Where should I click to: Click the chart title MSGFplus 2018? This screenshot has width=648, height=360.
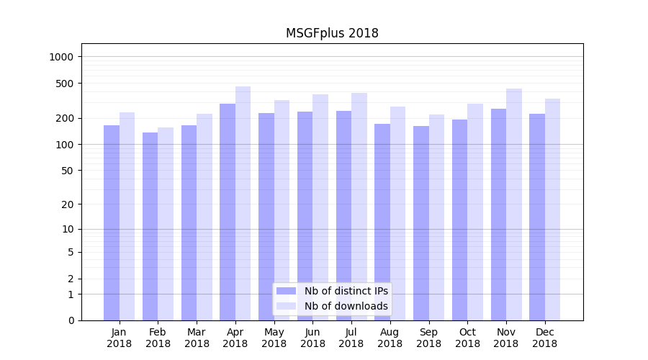(x=332, y=33)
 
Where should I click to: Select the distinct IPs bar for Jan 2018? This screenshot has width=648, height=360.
(x=112, y=222)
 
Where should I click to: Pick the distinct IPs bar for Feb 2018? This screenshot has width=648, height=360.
(x=150, y=226)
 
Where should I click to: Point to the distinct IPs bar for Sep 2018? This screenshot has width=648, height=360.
(x=421, y=223)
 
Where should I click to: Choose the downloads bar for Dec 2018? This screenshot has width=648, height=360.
(x=553, y=210)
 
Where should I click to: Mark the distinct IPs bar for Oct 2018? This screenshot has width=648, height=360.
(x=460, y=220)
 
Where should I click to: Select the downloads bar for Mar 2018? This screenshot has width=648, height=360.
(x=204, y=217)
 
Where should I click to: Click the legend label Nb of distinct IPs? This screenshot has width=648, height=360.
(x=346, y=291)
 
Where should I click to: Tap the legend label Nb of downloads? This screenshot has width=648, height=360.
(x=346, y=306)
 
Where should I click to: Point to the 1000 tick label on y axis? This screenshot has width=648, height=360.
(x=61, y=57)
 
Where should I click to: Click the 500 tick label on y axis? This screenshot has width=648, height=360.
(x=64, y=84)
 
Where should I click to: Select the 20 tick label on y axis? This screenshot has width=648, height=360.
(x=67, y=204)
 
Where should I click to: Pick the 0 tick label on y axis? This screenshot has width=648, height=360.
(x=70, y=320)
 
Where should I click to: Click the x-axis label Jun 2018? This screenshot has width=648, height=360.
(x=312, y=338)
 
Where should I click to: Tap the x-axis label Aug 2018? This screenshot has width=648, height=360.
(x=390, y=338)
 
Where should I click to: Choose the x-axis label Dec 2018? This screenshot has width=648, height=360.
(x=545, y=338)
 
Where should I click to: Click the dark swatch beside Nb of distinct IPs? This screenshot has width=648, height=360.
(x=286, y=291)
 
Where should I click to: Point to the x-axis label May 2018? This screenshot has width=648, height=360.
(x=274, y=338)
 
